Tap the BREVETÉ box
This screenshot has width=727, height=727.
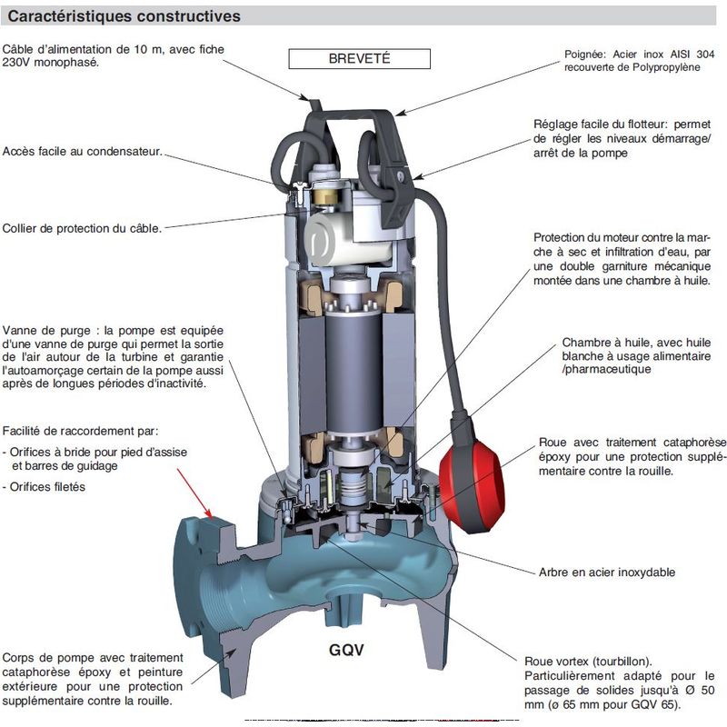click(359, 59)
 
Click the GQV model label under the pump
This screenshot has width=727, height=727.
click(346, 650)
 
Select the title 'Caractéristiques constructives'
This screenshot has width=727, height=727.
click(124, 16)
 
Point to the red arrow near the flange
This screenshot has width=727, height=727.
click(194, 493)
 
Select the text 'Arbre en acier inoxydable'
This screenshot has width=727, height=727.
click(606, 573)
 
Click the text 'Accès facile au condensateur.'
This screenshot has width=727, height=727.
click(83, 152)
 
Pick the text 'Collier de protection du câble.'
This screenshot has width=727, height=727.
click(82, 229)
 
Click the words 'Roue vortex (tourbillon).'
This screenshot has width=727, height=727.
click(588, 662)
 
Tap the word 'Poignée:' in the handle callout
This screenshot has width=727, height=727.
click(585, 55)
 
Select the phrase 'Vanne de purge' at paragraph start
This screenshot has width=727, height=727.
click(46, 331)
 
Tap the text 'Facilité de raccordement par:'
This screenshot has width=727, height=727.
click(80, 431)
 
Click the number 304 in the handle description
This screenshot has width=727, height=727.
click(705, 55)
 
